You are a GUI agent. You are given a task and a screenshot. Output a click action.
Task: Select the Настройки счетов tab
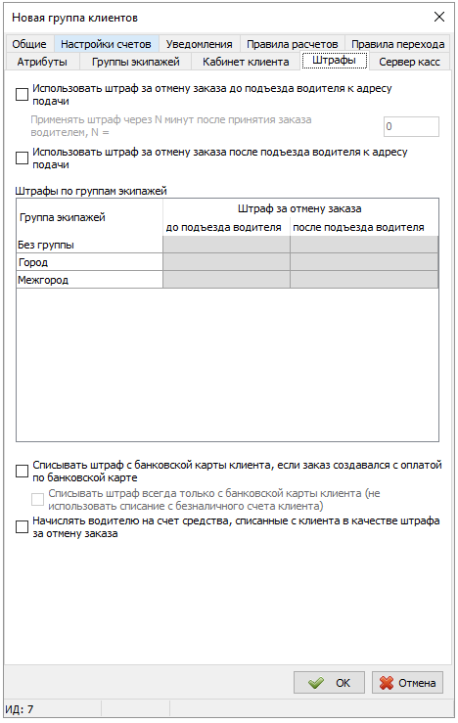106,44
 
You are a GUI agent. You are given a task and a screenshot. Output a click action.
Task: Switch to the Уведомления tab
199,44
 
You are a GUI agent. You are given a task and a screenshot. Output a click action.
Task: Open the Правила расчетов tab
293,44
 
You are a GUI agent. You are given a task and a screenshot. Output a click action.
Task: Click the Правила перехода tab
397,44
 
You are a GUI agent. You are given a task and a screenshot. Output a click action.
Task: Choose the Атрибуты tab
42,62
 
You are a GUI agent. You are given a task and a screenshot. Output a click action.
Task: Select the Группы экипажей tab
136,62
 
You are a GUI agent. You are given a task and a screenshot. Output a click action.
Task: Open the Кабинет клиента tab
246,62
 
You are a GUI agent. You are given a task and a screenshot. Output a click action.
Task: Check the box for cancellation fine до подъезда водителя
23,95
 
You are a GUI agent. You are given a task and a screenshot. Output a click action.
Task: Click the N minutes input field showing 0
410,127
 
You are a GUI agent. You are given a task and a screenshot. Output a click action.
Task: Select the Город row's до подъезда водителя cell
226,262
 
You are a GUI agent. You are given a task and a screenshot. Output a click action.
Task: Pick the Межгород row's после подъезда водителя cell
363,280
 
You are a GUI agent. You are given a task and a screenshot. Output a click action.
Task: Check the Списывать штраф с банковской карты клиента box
23,472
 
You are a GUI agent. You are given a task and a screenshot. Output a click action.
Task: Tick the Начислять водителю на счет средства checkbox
23,527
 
